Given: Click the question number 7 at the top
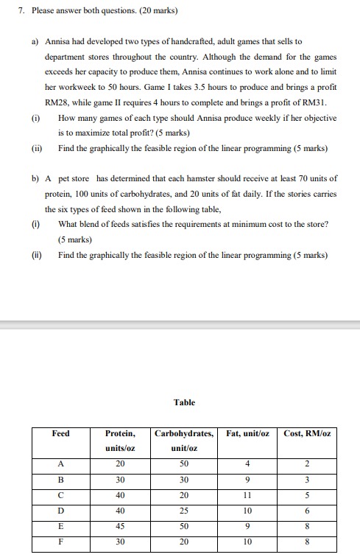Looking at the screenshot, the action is [22, 12].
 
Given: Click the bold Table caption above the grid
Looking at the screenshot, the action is [184, 402].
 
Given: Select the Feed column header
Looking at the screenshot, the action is [61, 433].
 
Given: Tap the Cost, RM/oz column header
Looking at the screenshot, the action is [307, 433].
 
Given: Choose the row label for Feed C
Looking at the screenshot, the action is [61, 494].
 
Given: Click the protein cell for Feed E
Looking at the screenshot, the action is [120, 525].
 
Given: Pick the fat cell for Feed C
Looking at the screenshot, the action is [248, 494].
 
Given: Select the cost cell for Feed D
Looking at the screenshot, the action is [307, 510].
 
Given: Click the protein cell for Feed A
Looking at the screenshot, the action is [120, 463].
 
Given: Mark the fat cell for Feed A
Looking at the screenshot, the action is [248, 463].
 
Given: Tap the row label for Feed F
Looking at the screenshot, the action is [61, 542].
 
